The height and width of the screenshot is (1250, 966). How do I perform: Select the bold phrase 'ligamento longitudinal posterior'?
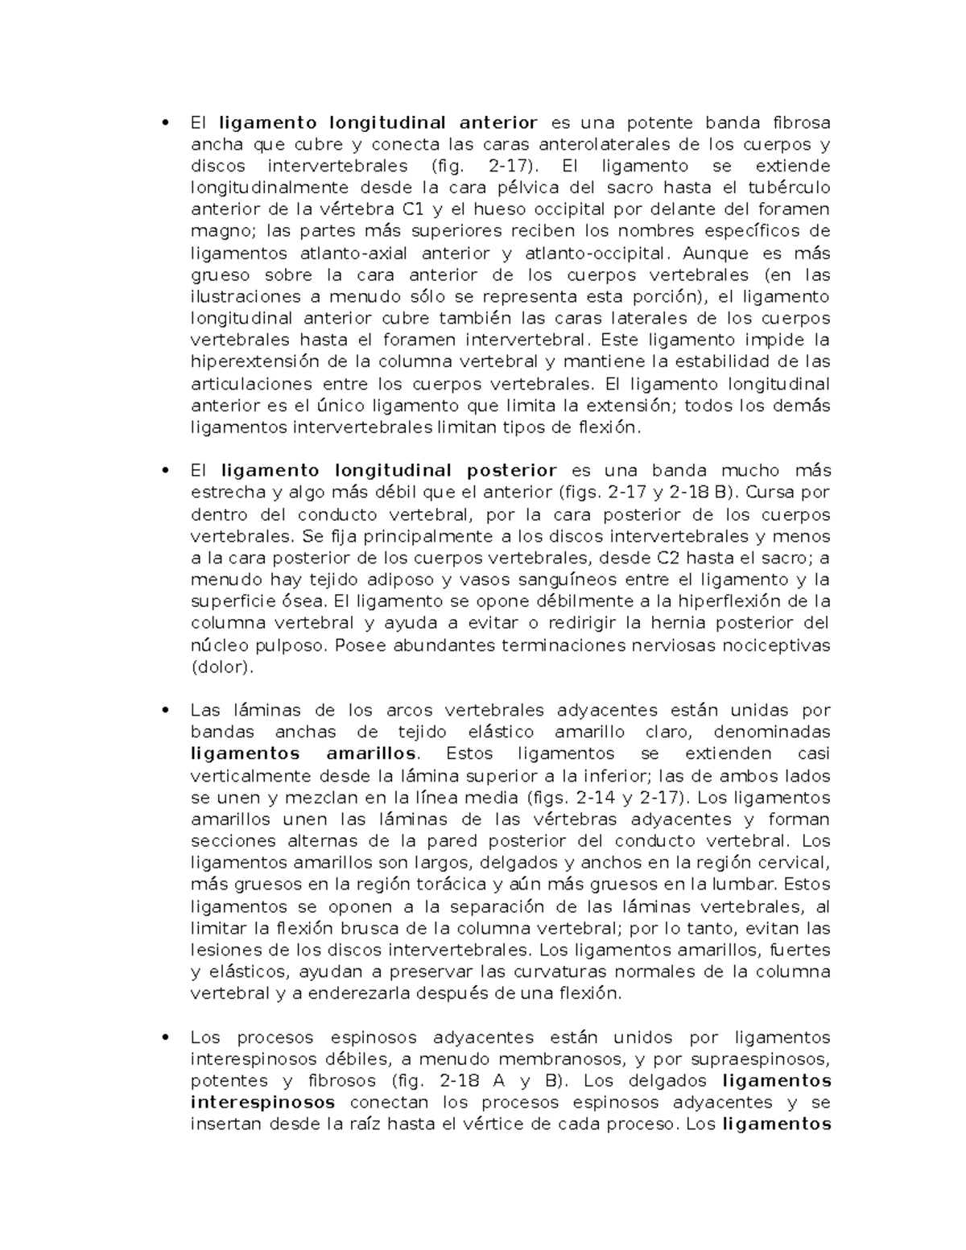pyautogui.click(x=388, y=471)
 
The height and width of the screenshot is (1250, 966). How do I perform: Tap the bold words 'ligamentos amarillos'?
pyautogui.click(x=304, y=754)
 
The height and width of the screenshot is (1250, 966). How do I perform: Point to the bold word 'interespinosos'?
pyautogui.click(x=262, y=1103)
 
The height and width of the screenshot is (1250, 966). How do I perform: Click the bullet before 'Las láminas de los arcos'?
pyautogui.click(x=166, y=711)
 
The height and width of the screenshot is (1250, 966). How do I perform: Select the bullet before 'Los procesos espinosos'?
pyautogui.click(x=166, y=1038)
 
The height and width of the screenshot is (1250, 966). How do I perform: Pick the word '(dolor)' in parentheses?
pyautogui.click(x=222, y=666)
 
